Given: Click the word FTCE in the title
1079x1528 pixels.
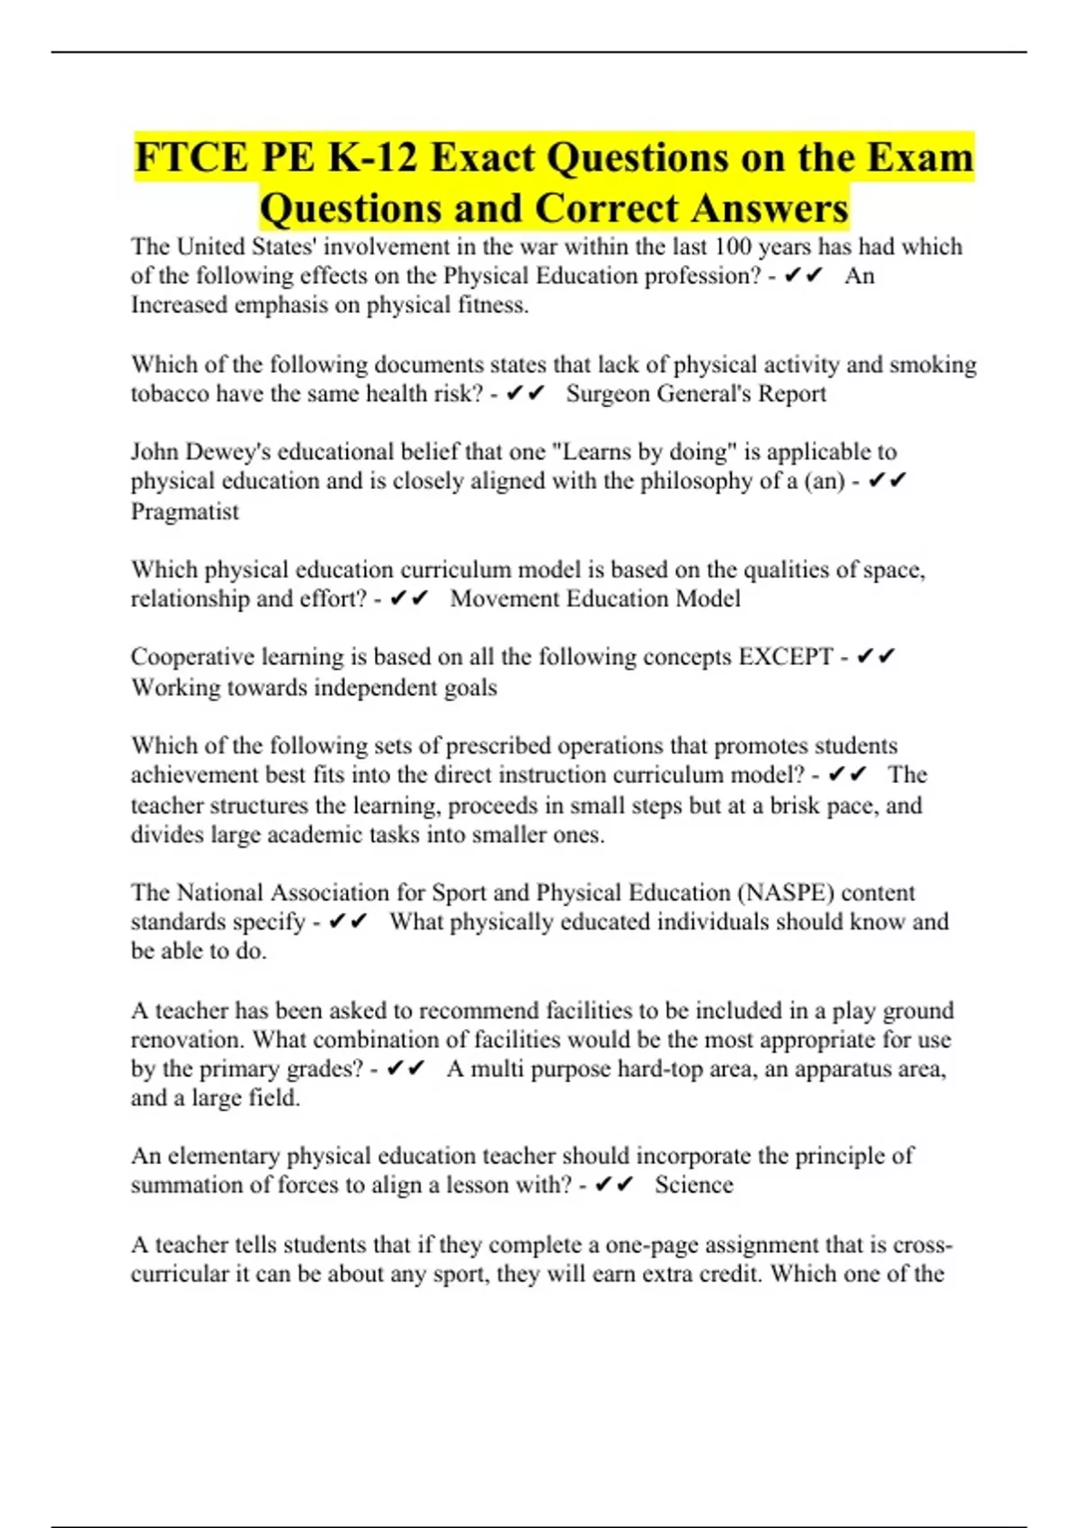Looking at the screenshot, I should click(x=192, y=158).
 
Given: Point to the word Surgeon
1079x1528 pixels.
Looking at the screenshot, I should click(x=608, y=394).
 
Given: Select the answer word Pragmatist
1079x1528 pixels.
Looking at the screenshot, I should click(x=185, y=511).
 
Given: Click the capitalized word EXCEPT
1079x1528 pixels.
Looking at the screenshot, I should click(x=786, y=657).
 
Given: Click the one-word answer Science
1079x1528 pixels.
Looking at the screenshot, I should click(x=693, y=1185).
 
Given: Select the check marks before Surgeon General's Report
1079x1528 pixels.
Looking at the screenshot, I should click(x=525, y=394).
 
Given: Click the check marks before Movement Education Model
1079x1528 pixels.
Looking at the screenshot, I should click(x=409, y=599).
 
